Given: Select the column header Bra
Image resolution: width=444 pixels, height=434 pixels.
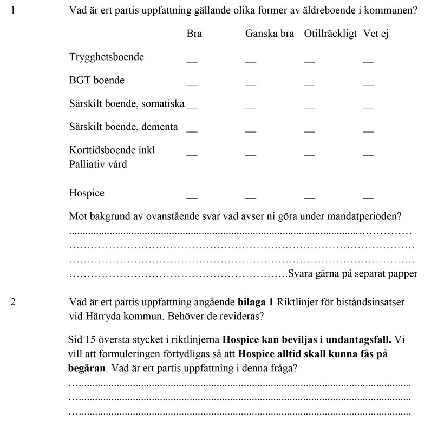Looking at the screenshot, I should tap(194, 34).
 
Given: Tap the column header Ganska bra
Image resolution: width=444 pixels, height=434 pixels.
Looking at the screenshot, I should tap(270, 34).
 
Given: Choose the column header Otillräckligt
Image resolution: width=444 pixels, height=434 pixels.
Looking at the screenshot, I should tap(330, 34).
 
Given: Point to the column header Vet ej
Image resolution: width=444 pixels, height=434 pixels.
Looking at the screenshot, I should tap(376, 34).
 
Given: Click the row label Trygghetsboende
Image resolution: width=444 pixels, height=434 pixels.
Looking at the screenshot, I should tap(107, 57).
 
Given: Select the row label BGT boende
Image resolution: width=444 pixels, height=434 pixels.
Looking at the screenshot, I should tap(97, 80).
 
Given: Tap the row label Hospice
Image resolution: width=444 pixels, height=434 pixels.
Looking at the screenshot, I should tap(87, 193).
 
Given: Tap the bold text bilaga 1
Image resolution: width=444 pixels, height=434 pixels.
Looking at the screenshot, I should tap(256, 301).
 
